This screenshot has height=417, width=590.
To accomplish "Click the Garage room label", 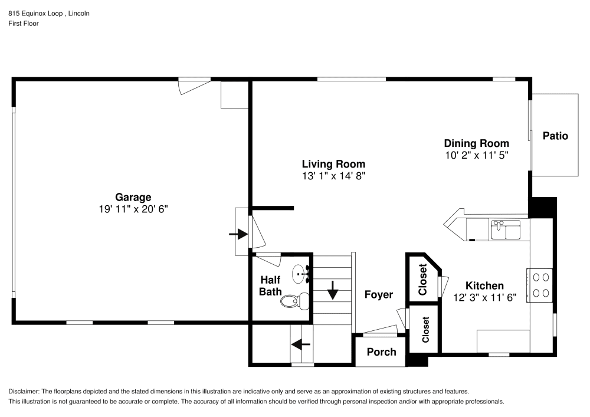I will point(133,198).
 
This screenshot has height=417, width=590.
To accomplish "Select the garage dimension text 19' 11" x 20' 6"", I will point(133,209).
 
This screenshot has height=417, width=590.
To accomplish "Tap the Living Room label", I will point(333,164).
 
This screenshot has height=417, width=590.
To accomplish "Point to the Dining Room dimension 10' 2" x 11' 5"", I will point(476,155).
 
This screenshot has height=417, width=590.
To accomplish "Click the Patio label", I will point(555,136).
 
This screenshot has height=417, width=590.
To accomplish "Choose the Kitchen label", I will point(484,285).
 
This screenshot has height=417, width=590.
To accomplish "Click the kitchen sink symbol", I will point(506,229).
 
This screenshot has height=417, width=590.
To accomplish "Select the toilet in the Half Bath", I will point(295,301).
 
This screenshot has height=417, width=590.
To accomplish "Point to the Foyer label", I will point(378,294).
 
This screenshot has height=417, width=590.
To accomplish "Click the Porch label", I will point(381,352).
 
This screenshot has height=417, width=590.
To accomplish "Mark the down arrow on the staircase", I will point(332,290).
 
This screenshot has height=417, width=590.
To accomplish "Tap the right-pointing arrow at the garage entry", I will point(238,234).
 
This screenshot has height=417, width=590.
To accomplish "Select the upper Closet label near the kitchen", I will point(422,280).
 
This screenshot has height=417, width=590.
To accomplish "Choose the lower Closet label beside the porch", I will point(425,330).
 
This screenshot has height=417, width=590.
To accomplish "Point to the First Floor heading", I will point(23,24).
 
